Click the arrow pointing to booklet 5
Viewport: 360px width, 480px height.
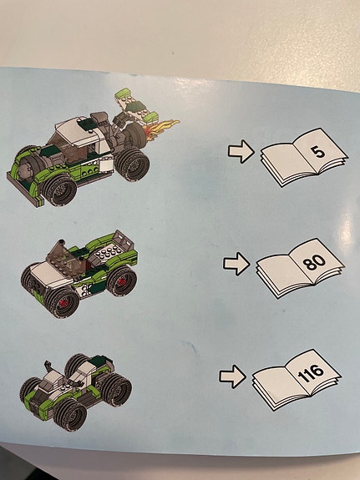pos(241,150)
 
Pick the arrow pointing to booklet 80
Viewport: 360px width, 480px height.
pos(236,265)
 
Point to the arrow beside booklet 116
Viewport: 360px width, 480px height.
pos(232,376)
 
